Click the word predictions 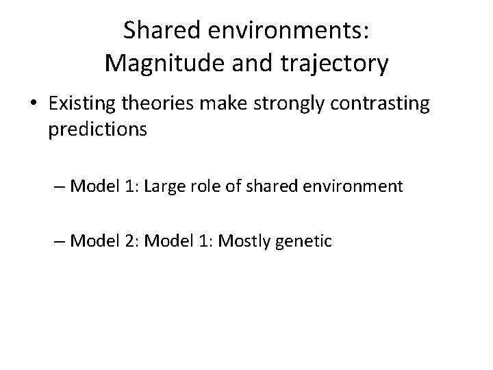click(97, 129)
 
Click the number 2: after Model click(131, 241)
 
